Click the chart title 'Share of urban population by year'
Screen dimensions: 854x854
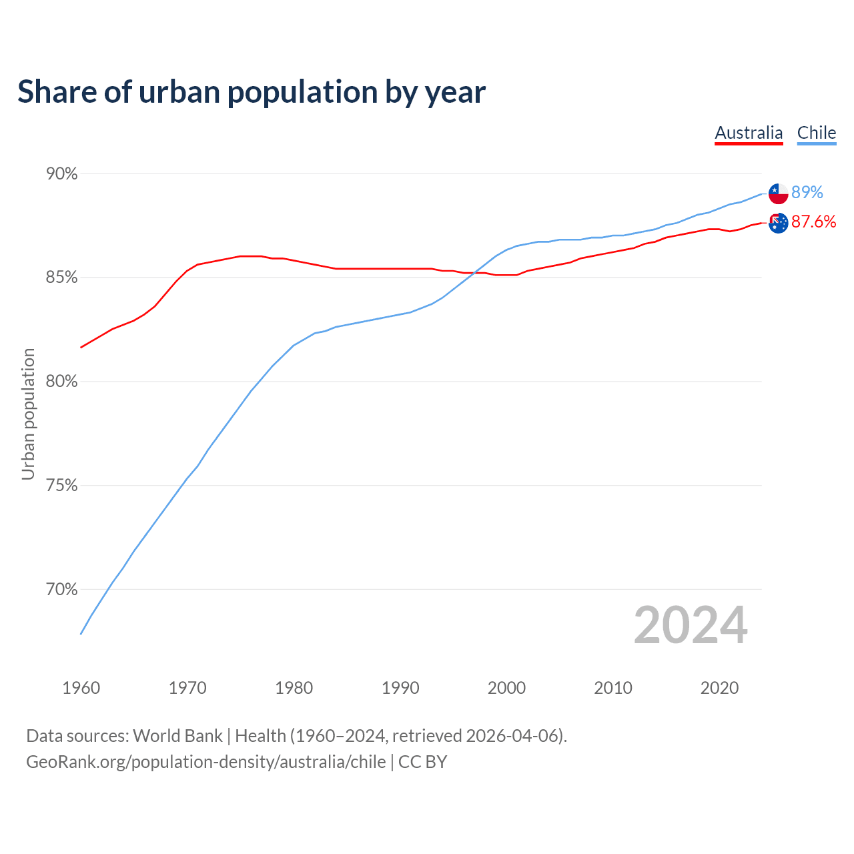click(252, 91)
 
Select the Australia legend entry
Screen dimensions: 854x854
click(749, 133)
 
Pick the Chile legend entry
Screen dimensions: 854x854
click(817, 133)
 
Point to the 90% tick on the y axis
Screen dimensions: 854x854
click(61, 174)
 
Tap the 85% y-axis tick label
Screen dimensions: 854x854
click(61, 278)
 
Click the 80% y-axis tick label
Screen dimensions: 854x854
click(61, 382)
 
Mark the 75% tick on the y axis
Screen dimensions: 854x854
click(61, 486)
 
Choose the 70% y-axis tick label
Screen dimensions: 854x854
click(61, 590)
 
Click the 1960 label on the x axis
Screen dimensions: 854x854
click(81, 688)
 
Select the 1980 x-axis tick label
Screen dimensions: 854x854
click(294, 688)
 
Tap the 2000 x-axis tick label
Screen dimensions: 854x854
click(506, 688)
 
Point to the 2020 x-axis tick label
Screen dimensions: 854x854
click(719, 688)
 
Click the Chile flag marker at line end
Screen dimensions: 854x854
click(778, 193)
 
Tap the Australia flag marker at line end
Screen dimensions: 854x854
click(778, 223)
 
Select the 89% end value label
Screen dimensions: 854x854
click(807, 193)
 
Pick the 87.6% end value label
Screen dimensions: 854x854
click(813, 222)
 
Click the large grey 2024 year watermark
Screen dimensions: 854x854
click(691, 625)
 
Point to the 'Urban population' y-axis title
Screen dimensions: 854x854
click(28, 414)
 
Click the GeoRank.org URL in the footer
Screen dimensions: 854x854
click(205, 762)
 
